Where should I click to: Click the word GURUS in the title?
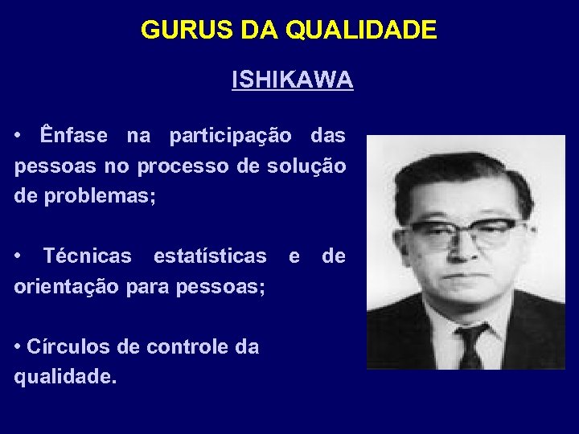tap(184, 31)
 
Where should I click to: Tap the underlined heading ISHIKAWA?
tap(292, 80)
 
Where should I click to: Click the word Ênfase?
tap(73, 136)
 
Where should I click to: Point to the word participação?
tap(231, 136)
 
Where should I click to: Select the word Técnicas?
tap(87, 256)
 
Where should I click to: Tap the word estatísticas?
tap(210, 256)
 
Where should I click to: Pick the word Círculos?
tap(59, 347)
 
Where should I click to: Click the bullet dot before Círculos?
tap(18, 347)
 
